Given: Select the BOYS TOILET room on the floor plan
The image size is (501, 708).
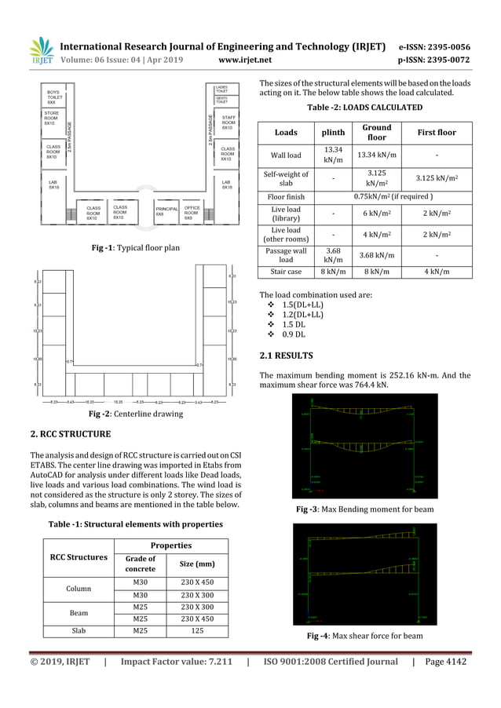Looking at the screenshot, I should (53, 97).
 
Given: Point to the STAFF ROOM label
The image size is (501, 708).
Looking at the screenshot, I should (229, 122).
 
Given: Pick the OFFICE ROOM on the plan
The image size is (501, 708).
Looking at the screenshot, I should (193, 211).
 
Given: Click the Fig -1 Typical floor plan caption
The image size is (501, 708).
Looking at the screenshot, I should (137, 248).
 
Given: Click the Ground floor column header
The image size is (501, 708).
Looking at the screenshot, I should (376, 132).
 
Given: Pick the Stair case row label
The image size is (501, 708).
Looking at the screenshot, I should (286, 272).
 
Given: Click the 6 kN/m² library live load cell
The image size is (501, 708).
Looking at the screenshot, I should (376, 214).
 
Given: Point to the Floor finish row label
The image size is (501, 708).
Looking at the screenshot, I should (286, 196).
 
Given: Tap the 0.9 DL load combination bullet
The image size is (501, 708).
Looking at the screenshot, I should (294, 334).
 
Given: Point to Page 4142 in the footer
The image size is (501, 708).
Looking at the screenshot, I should (444, 662).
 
